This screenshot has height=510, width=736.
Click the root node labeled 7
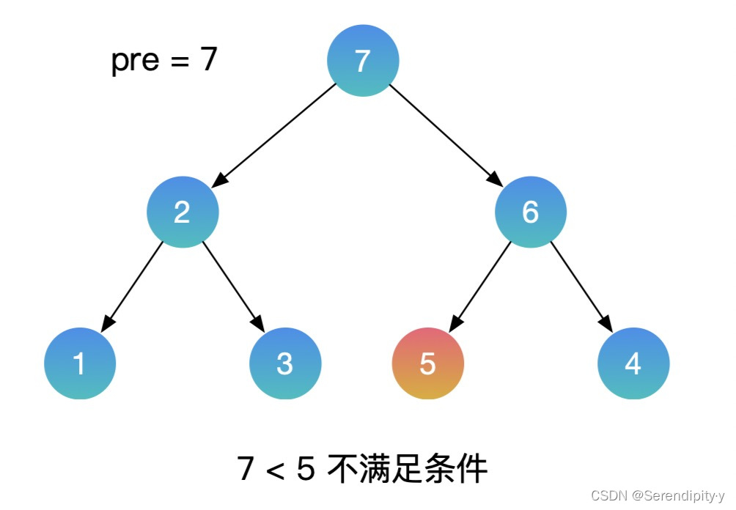(363, 61)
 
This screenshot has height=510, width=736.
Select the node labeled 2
(182, 212)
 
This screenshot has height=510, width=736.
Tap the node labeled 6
(530, 212)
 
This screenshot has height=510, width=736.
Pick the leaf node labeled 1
(80, 363)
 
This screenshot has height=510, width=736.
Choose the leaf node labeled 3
(285, 363)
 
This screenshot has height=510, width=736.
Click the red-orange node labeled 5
(428, 363)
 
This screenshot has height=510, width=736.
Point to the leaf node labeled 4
(633, 363)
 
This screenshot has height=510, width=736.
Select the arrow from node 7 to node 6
(445, 134)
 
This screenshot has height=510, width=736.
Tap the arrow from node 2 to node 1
(133, 285)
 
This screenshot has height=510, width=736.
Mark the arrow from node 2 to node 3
(233, 285)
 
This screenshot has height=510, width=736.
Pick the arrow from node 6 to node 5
(480, 285)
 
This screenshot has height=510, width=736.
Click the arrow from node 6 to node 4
(581, 285)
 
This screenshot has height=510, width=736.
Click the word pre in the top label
(135, 60)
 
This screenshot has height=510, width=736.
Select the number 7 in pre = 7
(208, 59)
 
